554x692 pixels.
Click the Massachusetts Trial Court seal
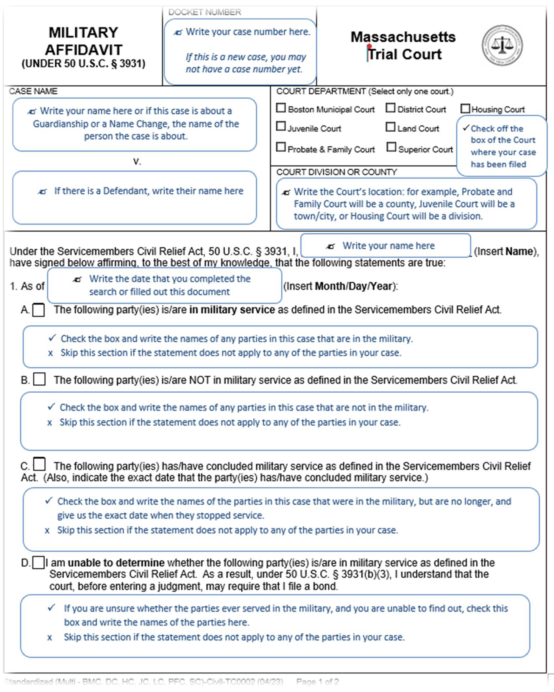502,45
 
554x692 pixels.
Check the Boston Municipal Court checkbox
281,108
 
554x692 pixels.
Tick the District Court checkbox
390,108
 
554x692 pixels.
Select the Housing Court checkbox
465,109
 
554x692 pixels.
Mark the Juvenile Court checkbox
281,126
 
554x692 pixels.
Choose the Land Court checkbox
390,127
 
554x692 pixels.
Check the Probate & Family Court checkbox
281,147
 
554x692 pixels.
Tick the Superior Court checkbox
391,147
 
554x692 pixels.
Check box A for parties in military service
39,310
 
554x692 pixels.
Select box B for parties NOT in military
39,379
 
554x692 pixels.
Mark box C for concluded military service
39,464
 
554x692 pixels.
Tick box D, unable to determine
38,563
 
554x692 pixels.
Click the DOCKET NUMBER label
204,12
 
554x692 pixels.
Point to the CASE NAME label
33,91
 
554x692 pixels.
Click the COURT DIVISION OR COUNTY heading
336,172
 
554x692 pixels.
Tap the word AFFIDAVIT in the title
84,50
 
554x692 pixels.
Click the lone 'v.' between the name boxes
137,162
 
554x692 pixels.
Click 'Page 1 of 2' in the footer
317,682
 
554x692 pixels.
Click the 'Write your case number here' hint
248,32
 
